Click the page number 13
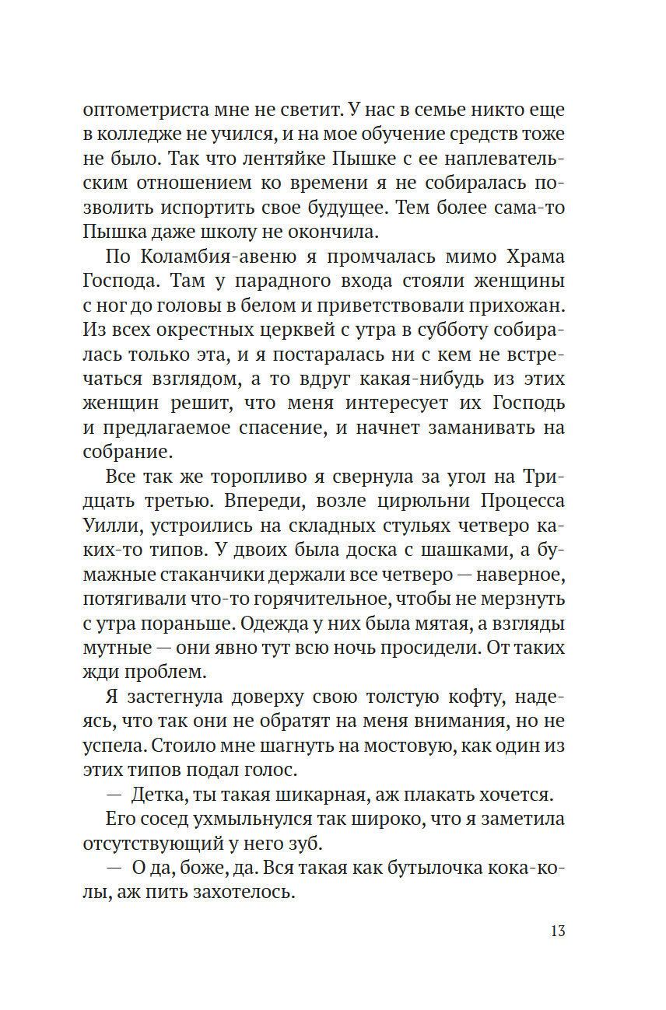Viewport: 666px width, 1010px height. pyautogui.click(x=557, y=931)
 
